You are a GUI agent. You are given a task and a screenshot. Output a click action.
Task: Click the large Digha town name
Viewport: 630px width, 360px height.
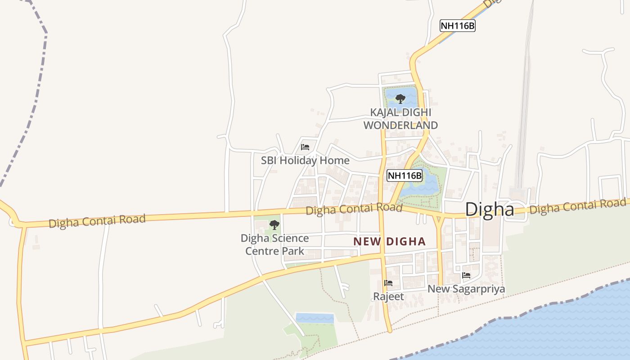[490, 209]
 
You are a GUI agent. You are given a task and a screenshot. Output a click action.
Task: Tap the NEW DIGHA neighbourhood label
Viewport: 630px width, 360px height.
[389, 242]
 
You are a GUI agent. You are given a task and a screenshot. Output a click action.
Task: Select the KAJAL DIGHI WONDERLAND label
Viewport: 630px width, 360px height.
[400, 119]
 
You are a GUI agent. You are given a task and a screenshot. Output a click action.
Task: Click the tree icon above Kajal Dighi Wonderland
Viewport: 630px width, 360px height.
[400, 99]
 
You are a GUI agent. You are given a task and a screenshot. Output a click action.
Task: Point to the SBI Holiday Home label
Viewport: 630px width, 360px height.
[305, 161]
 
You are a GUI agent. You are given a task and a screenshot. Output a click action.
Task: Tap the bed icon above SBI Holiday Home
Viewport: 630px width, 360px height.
[305, 147]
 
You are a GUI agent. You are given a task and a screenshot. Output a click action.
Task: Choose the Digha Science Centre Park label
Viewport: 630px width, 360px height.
[274, 244]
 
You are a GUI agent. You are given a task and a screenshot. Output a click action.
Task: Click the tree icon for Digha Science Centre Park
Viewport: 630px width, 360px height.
[274, 225]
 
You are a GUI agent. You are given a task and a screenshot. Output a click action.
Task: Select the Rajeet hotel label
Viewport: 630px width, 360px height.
[388, 297]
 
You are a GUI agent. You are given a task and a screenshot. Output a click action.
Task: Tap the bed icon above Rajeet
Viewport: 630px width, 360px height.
[388, 283]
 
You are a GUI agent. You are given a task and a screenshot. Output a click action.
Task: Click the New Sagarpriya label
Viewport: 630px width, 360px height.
[466, 289]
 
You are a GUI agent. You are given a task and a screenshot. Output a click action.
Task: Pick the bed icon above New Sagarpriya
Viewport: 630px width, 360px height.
[466, 275]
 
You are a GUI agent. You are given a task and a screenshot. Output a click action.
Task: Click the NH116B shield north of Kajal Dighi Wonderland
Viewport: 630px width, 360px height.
[457, 26]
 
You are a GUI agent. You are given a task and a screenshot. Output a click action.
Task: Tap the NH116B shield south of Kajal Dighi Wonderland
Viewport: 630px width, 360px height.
[405, 175]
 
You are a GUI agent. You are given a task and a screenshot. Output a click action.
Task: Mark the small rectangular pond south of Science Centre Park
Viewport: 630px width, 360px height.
[315, 318]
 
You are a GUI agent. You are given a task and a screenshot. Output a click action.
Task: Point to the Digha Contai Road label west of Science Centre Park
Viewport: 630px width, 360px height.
[97, 221]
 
